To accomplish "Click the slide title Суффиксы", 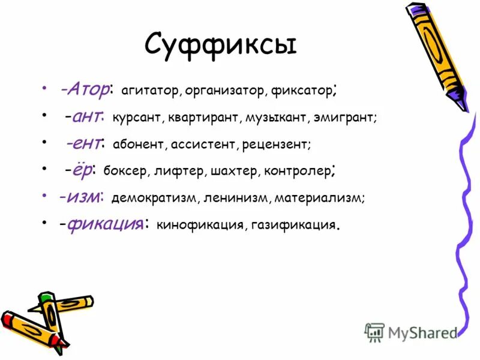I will pos(221,46).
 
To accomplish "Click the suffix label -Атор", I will pos(84,91).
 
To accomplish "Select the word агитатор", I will pos(150,91).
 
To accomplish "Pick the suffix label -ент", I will pos(85,143).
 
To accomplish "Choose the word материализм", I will pos(324,197).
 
